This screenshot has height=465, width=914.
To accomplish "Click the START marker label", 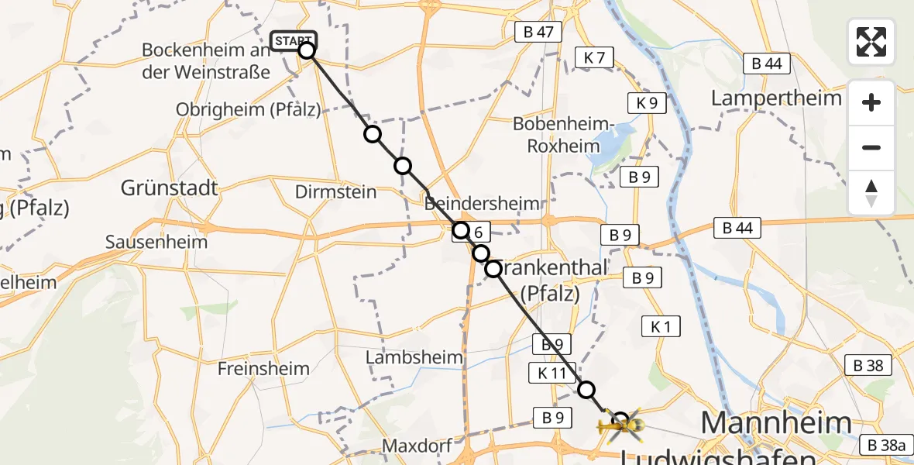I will (294, 40).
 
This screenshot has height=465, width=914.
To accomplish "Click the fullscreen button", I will (871, 41).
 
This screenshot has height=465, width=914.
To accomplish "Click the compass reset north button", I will (871, 193).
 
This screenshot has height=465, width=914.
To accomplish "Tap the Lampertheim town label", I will (776, 98).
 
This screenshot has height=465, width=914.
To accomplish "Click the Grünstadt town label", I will (170, 188).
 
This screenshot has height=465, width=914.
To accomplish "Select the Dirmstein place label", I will (336, 192).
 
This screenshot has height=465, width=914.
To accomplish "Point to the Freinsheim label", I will (263, 369).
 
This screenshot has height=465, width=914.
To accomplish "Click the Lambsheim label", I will (414, 357).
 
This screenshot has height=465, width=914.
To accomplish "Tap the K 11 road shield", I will (551, 373).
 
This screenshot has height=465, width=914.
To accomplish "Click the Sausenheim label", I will (156, 242).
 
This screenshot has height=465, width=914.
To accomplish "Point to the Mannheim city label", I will (776, 423).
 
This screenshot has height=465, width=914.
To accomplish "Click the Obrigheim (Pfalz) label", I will (248, 109).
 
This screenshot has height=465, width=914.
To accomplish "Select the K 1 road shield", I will (661, 327).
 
